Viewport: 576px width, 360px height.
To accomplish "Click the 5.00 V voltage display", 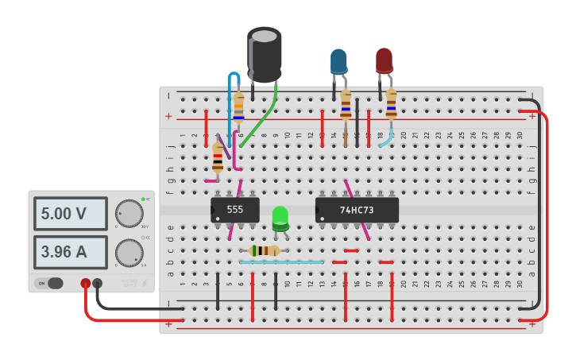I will click(x=70, y=214).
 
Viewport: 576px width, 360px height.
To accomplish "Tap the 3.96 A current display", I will click(x=70, y=252).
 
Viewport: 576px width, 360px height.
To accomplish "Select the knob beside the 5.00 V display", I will click(x=129, y=213).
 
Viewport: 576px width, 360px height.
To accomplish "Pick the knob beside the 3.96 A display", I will click(x=129, y=253).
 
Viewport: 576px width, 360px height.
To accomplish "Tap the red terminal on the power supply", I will click(x=85, y=283).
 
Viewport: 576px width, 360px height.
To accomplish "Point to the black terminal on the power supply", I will click(x=98, y=283).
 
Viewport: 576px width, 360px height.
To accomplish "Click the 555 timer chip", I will click(x=235, y=210).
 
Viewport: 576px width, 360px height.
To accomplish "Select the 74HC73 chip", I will click(x=356, y=210).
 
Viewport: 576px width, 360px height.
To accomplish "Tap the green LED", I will click(x=280, y=217).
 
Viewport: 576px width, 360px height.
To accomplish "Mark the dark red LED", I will click(x=385, y=60).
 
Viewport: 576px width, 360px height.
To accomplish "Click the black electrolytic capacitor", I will click(x=264, y=54).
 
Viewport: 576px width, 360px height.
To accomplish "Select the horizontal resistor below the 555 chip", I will click(x=263, y=251).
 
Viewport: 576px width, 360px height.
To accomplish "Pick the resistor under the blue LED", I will click(x=346, y=106).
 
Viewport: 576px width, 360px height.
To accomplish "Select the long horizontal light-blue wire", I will click(x=282, y=261).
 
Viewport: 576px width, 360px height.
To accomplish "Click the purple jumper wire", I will click(x=223, y=148).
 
